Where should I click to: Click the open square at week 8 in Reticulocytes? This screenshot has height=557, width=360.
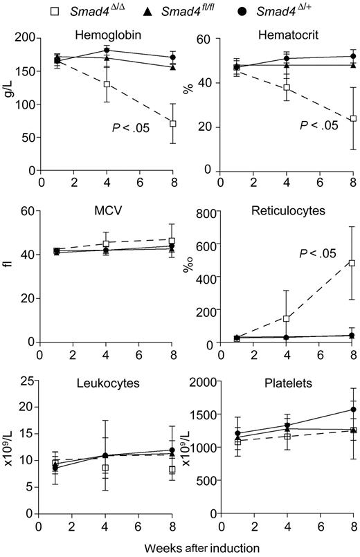pos(352,263)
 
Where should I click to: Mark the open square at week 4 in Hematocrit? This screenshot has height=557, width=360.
pos(286,88)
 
